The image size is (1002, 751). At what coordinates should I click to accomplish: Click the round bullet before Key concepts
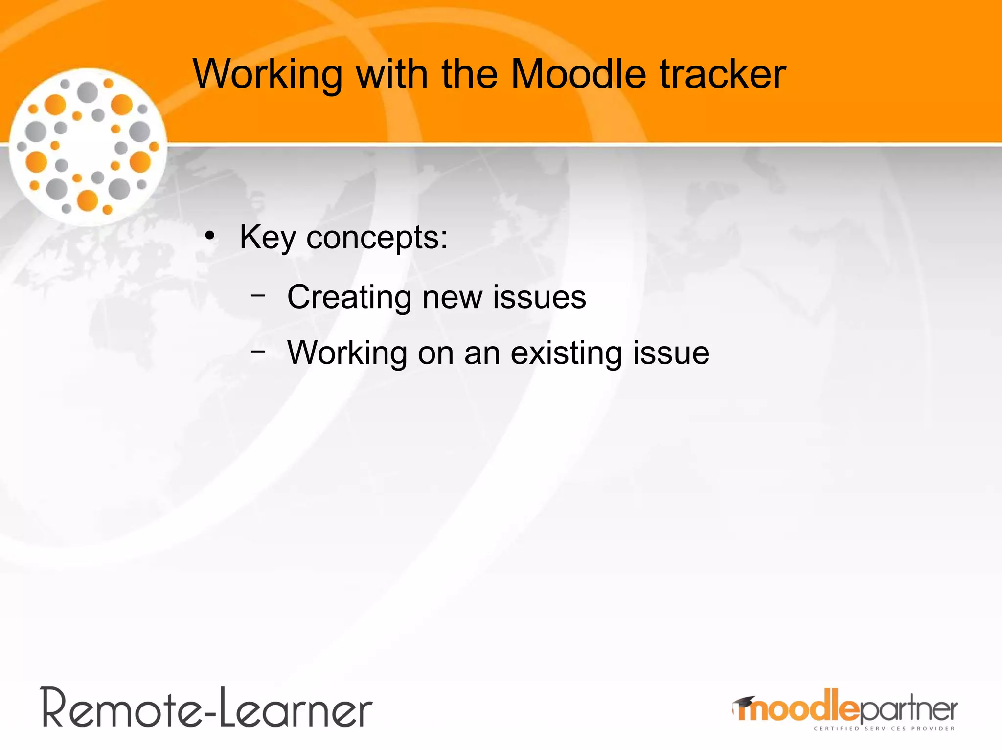coord(210,237)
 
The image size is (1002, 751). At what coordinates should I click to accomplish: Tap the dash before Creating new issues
coord(257,295)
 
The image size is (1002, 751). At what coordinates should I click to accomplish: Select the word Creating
coord(349,297)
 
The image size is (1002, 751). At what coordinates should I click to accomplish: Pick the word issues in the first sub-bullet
coord(539,297)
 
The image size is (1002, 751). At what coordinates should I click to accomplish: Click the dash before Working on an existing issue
coord(257,351)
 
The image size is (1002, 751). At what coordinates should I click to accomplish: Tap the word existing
coord(566,353)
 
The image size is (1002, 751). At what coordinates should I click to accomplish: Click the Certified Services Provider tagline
coord(884,729)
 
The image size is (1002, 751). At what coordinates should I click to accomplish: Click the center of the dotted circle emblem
coord(88,147)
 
